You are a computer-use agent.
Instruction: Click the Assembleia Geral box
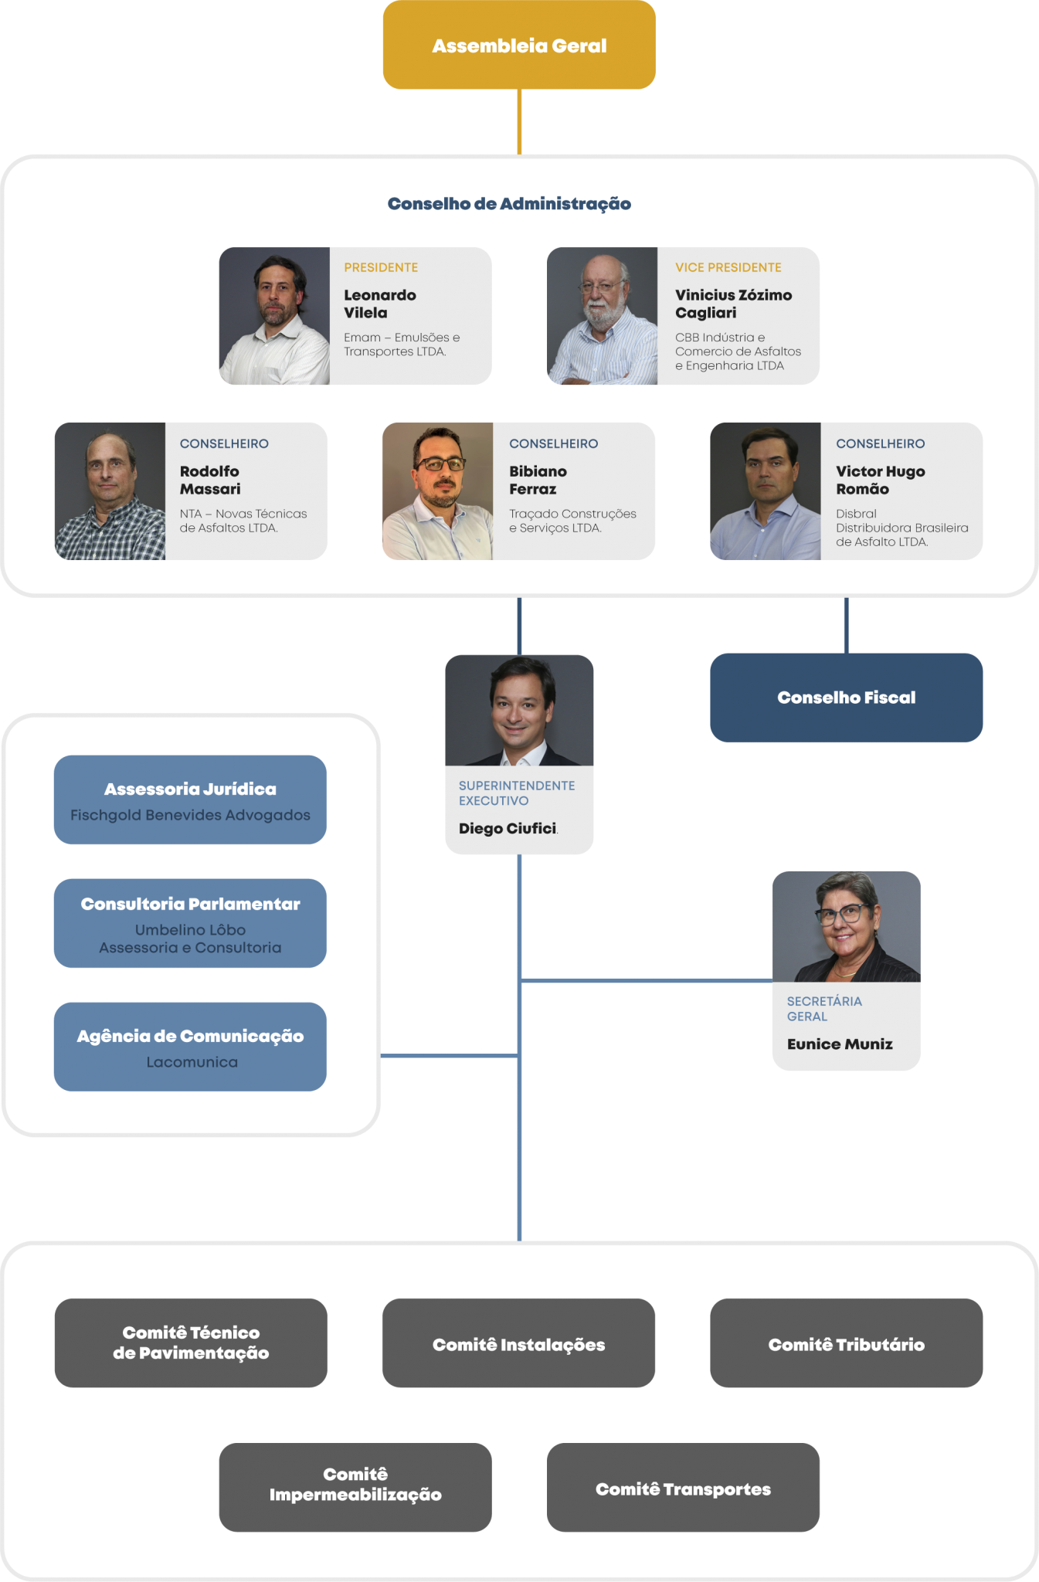tap(519, 46)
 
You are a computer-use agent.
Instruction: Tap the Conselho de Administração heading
tap(509, 204)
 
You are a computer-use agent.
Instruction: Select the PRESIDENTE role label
tap(381, 267)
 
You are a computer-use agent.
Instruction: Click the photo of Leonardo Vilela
tap(274, 316)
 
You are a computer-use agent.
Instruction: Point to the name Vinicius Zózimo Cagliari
tap(733, 304)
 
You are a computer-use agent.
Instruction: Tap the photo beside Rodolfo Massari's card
tap(110, 491)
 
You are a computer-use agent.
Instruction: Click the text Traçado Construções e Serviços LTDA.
tap(572, 521)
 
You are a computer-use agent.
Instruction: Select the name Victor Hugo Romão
tap(880, 480)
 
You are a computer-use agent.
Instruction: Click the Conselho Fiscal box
tap(846, 698)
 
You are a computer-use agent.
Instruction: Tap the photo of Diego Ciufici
tap(519, 710)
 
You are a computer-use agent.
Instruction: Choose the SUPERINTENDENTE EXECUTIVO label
tap(516, 793)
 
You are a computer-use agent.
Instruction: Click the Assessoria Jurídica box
tap(190, 799)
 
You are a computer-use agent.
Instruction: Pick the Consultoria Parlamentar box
tap(190, 923)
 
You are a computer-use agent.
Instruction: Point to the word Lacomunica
tap(192, 1062)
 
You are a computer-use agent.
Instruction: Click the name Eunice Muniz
tap(840, 1044)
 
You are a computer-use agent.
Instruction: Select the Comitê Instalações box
tap(518, 1345)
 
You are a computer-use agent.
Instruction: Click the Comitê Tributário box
tap(846, 1345)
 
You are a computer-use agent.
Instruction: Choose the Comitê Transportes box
tap(683, 1489)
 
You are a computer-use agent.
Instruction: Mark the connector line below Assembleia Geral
tap(519, 121)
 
